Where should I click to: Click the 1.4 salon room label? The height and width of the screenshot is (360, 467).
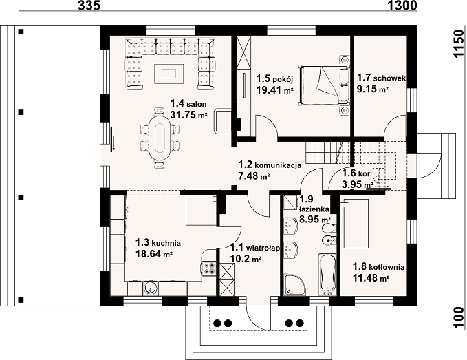click(x=188, y=104)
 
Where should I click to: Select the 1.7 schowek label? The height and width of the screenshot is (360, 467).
click(x=381, y=78)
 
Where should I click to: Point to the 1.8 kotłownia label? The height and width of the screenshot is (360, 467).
click(x=378, y=266)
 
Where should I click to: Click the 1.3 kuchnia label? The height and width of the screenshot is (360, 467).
click(x=158, y=242)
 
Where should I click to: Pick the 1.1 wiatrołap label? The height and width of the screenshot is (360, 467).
click(x=255, y=247)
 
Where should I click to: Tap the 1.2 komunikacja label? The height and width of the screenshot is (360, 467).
click(x=270, y=165)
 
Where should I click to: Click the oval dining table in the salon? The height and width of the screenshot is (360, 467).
click(x=160, y=138)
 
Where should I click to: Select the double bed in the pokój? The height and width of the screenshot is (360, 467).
click(x=325, y=85)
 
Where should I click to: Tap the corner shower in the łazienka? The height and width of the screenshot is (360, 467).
click(x=294, y=285)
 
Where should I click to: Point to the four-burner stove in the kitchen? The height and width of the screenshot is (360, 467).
click(x=208, y=268)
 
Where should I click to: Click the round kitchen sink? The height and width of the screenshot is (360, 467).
click(x=151, y=288)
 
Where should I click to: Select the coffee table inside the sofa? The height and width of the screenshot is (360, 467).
click(x=169, y=73)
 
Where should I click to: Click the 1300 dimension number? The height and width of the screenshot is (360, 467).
click(x=402, y=6)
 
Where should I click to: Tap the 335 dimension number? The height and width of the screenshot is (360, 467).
click(x=89, y=6)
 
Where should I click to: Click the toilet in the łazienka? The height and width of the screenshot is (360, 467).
click(x=329, y=229)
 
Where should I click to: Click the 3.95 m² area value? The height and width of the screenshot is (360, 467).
click(x=358, y=184)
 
